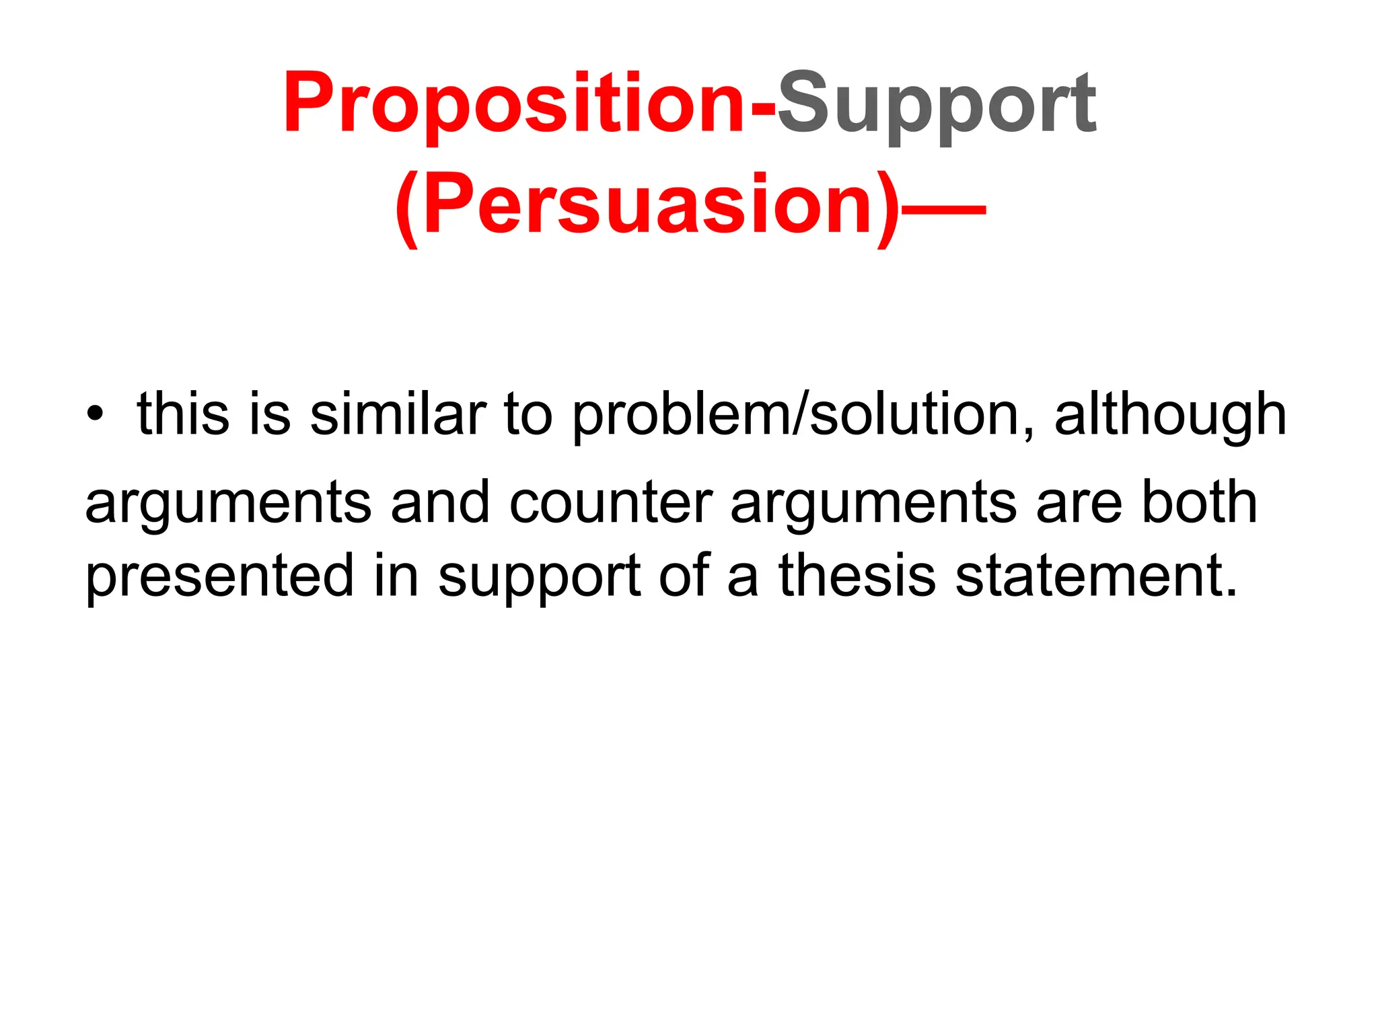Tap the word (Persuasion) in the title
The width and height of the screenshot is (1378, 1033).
[x=646, y=205]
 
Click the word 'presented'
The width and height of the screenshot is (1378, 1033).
[x=219, y=577]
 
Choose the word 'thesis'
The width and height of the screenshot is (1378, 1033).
[x=857, y=576]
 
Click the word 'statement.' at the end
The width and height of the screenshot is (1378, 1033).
[x=1097, y=576]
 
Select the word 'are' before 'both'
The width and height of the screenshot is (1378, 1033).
[x=1079, y=504]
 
